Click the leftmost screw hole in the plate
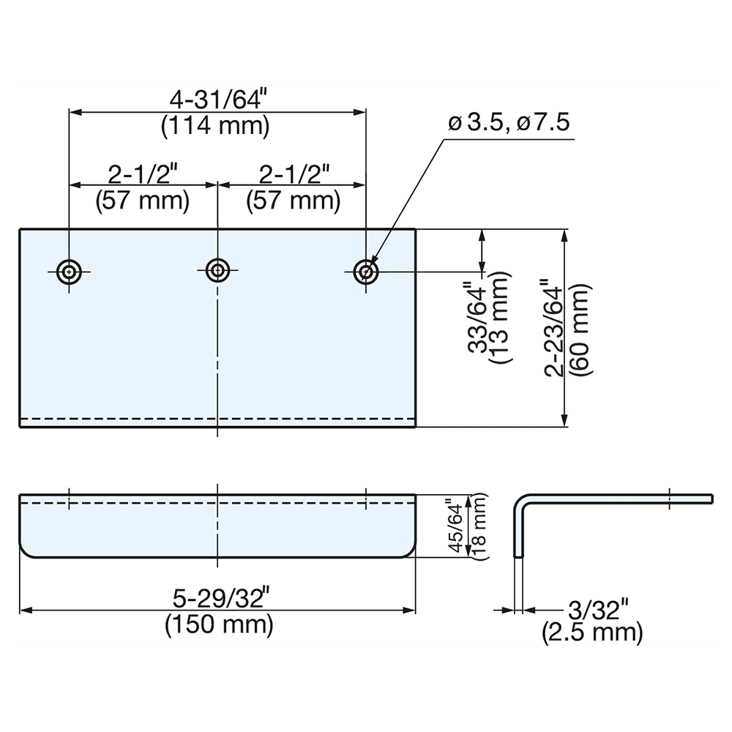point(69,271)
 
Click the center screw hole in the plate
point(217,270)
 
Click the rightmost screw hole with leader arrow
point(365,271)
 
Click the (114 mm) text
point(215,126)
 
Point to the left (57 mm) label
point(142,200)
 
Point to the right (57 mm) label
point(293,200)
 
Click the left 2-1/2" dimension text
point(142,175)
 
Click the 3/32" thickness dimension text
point(599,609)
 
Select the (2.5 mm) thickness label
point(593,632)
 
